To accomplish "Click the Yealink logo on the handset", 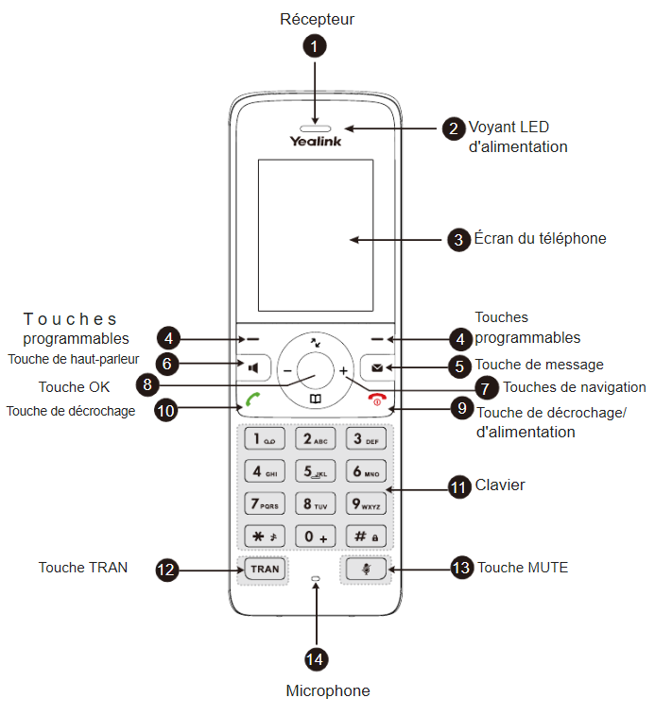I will (315, 142).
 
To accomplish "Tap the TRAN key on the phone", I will (265, 569).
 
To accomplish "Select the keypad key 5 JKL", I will (315, 470).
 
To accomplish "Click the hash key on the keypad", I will (365, 536).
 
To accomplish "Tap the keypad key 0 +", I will (315, 536).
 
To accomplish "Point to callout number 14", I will (315, 658).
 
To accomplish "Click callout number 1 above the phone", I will (315, 44).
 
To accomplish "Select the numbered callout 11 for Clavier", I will (459, 487).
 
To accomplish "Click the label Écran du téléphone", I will (540, 239).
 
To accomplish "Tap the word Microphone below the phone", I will (327, 690).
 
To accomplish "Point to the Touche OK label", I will (74, 387).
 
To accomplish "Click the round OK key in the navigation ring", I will (315, 371).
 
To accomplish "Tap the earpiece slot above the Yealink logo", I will (315, 126).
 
